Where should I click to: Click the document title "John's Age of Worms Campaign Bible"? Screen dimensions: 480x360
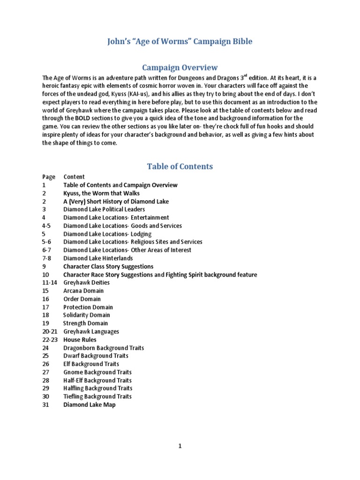point(180,42)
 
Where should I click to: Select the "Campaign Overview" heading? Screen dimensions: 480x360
point(180,67)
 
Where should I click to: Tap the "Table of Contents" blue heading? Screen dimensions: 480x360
point(180,166)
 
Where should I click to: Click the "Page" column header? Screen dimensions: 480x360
point(49,177)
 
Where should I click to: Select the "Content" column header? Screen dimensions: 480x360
point(74,177)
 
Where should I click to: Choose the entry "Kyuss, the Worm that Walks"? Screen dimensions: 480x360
point(101,193)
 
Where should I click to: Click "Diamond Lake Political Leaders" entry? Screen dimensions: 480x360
point(104,210)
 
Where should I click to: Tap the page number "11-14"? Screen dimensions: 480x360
point(50,283)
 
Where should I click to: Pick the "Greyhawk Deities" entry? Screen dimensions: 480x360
point(86,283)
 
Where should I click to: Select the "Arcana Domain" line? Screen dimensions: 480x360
point(83,291)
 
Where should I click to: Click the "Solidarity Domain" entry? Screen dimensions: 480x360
point(86,315)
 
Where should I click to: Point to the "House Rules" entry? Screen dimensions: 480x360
point(80,339)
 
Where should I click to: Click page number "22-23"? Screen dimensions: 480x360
point(49,339)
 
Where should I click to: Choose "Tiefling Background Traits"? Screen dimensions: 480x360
point(97,396)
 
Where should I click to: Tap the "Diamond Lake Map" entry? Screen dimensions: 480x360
point(89,405)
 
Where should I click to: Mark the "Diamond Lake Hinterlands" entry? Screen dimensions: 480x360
point(98,258)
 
